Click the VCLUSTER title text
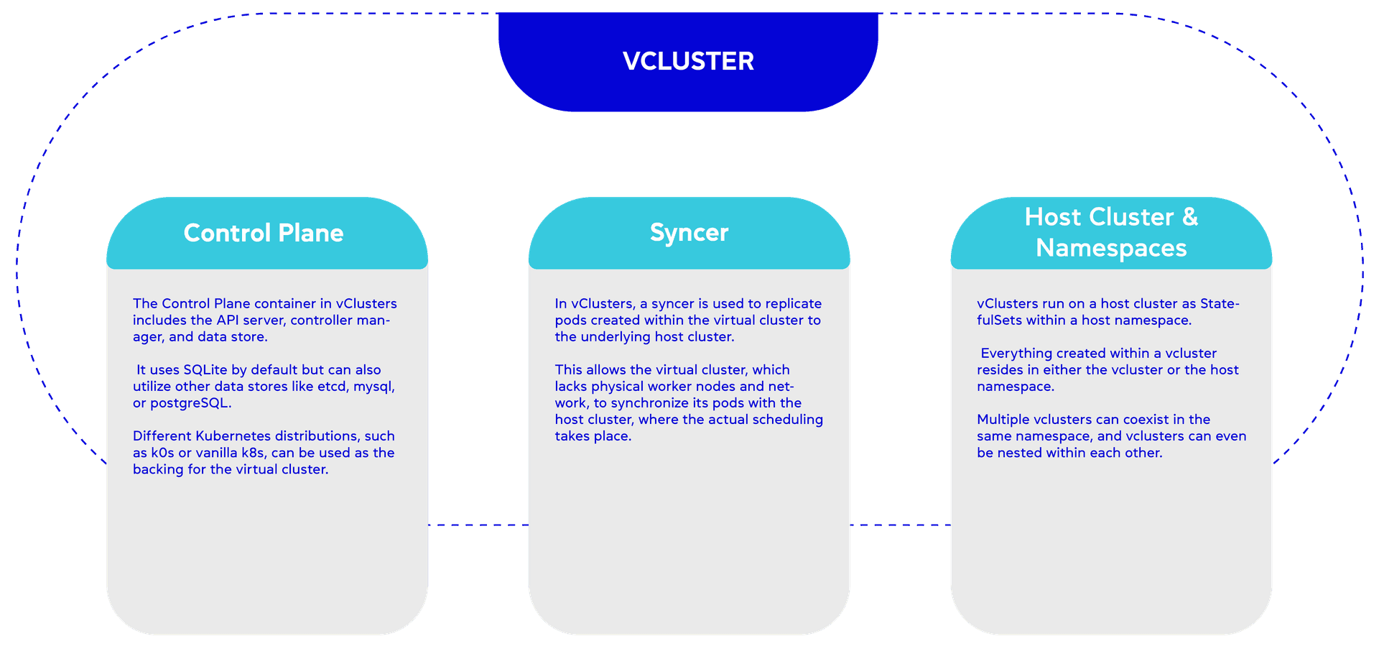(x=688, y=61)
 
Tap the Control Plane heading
(x=264, y=233)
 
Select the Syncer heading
(x=689, y=233)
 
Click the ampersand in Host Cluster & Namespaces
(x=1190, y=217)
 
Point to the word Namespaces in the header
(x=1111, y=248)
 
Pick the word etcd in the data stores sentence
(x=333, y=387)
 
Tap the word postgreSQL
(x=190, y=403)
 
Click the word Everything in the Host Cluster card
(x=1014, y=354)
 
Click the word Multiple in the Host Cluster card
(x=1003, y=420)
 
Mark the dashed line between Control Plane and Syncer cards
(x=478, y=525)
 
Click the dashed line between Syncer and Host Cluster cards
(x=900, y=525)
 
